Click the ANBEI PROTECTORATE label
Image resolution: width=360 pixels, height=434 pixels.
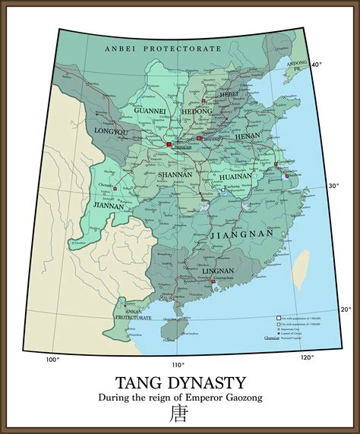(163, 48)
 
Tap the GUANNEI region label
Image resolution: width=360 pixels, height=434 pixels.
(151, 111)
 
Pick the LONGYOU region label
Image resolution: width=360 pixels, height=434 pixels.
(110, 131)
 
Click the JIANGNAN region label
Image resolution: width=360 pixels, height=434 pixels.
(235, 236)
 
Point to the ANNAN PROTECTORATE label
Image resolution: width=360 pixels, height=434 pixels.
(133, 313)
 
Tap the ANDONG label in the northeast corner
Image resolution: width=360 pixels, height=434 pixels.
(297, 62)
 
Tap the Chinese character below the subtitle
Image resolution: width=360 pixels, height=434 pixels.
(179, 414)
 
